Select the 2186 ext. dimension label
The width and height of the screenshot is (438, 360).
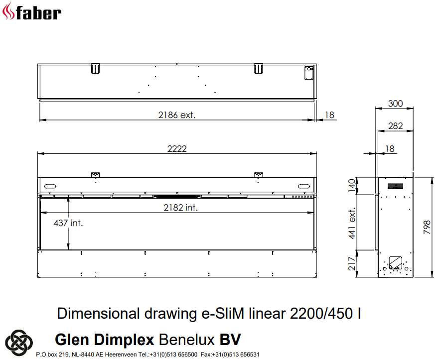click(177, 115)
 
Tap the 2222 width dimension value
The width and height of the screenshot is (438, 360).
click(177, 149)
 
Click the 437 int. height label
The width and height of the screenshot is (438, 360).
click(68, 223)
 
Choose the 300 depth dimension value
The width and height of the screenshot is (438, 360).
click(395, 104)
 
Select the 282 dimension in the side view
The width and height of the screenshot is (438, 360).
click(395, 126)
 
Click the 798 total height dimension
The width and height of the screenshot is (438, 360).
click(426, 228)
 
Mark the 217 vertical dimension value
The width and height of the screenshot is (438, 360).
click(353, 263)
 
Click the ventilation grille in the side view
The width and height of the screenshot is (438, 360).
click(395, 186)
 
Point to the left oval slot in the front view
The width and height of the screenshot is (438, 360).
click(50, 186)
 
